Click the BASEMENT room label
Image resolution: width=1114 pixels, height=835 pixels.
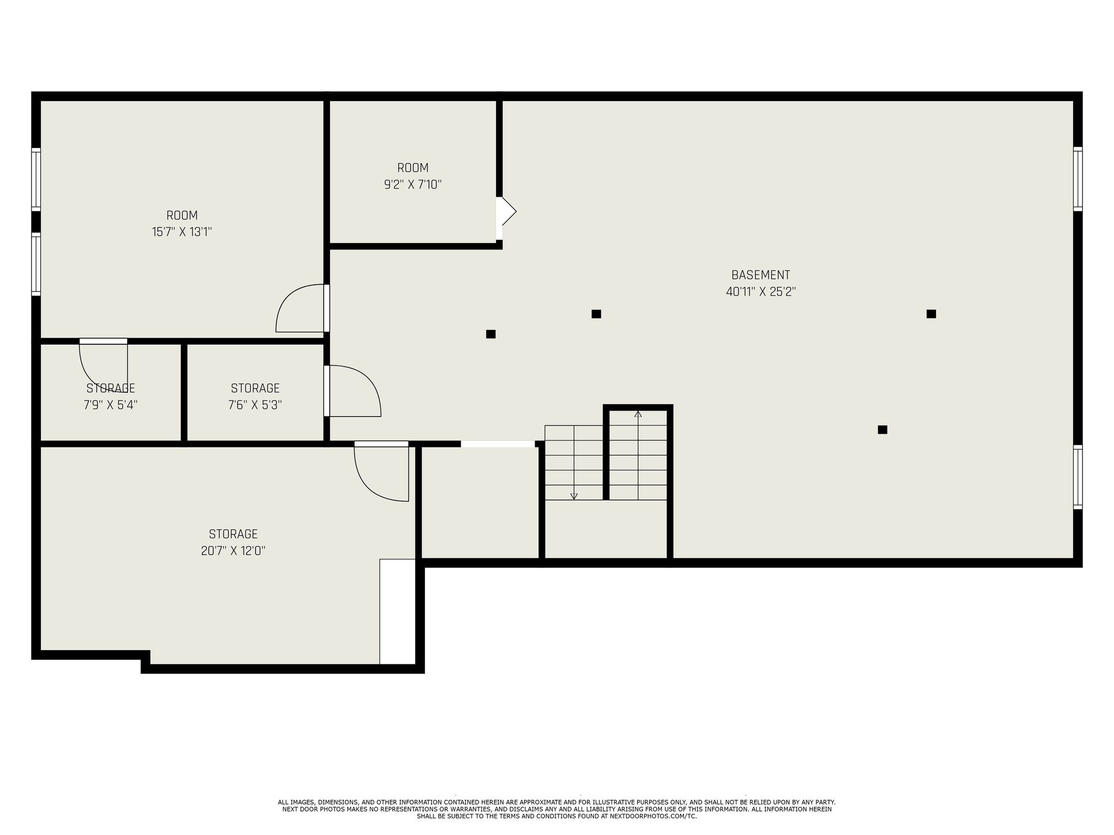point(760,275)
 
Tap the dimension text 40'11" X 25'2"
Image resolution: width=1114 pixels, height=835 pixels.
point(760,292)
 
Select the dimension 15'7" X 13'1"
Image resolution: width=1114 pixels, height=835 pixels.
point(182,232)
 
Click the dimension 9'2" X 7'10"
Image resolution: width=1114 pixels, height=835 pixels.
point(412,185)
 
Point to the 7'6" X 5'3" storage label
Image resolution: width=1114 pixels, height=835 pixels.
point(255,405)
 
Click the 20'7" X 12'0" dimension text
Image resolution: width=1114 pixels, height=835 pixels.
point(233,551)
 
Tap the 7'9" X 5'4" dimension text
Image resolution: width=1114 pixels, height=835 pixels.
point(110,405)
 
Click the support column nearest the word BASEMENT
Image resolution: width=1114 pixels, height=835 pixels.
point(596,314)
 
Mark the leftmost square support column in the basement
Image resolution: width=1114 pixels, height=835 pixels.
point(491,334)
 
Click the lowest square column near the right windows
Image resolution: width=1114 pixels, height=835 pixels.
point(882,429)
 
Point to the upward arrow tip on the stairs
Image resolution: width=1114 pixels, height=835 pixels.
point(638,414)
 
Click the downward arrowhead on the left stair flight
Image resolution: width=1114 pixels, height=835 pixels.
point(574,496)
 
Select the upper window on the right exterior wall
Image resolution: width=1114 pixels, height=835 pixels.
point(1078,179)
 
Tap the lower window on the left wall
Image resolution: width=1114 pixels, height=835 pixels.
point(36,264)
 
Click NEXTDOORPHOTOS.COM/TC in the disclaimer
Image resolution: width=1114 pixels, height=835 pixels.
point(652,816)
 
